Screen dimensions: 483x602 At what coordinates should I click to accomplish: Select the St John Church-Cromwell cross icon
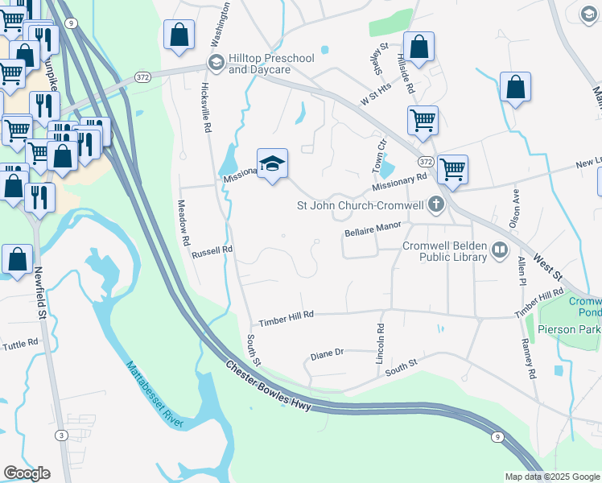coord(435,204)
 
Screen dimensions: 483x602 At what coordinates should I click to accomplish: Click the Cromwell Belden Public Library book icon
coord(500,250)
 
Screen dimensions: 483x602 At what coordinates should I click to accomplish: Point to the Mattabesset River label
coord(155,394)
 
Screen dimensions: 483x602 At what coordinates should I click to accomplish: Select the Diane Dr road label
coord(327,353)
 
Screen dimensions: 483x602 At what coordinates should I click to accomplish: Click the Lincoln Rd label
coord(381,344)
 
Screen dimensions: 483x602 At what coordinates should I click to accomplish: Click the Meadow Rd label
coord(184,223)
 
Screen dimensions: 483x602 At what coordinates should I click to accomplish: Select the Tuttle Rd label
coord(20,343)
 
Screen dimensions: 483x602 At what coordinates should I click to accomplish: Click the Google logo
coord(27,473)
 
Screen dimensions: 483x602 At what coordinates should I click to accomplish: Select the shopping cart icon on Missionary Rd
coord(452,168)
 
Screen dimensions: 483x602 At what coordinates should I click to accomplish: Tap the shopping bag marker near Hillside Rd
coord(419,46)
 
